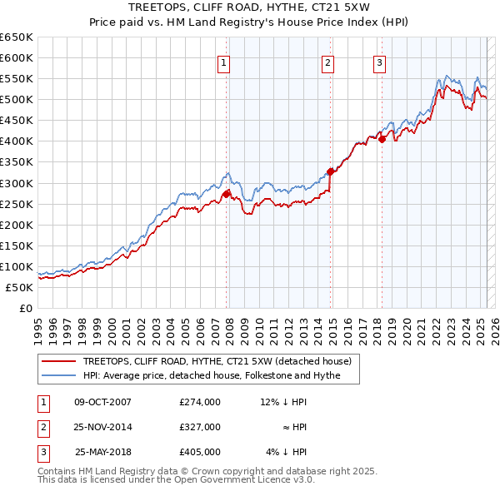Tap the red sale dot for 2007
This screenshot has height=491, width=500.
click(226, 194)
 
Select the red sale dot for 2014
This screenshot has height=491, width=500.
click(331, 171)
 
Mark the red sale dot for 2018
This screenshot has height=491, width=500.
click(382, 139)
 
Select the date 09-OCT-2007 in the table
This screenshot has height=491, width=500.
click(103, 402)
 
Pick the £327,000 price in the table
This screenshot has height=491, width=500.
click(200, 427)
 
